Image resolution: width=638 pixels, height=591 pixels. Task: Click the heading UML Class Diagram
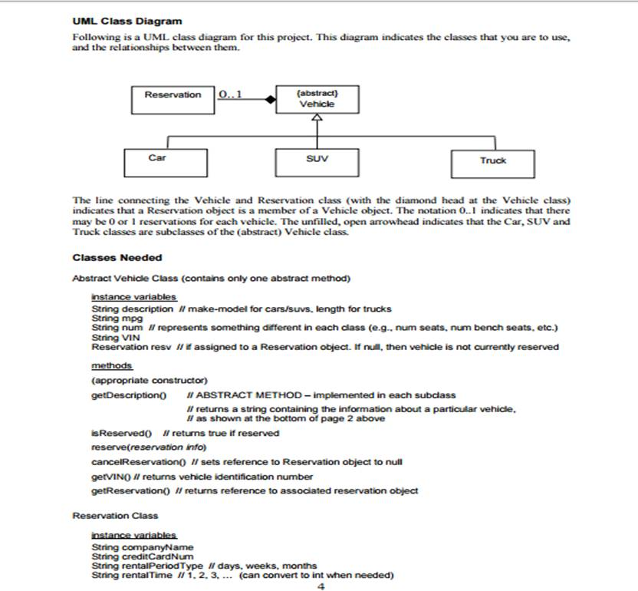[127, 21]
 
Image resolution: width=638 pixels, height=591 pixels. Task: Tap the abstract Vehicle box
[317, 99]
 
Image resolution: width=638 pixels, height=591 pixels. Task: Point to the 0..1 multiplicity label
[229, 94]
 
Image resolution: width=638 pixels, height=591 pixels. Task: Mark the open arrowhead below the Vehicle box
[317, 119]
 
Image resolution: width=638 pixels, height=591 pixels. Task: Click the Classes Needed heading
[117, 257]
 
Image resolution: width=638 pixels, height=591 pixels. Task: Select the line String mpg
[107, 318]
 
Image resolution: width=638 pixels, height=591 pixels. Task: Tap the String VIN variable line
[105, 337]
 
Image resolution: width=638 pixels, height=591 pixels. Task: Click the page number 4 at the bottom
[320, 586]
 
